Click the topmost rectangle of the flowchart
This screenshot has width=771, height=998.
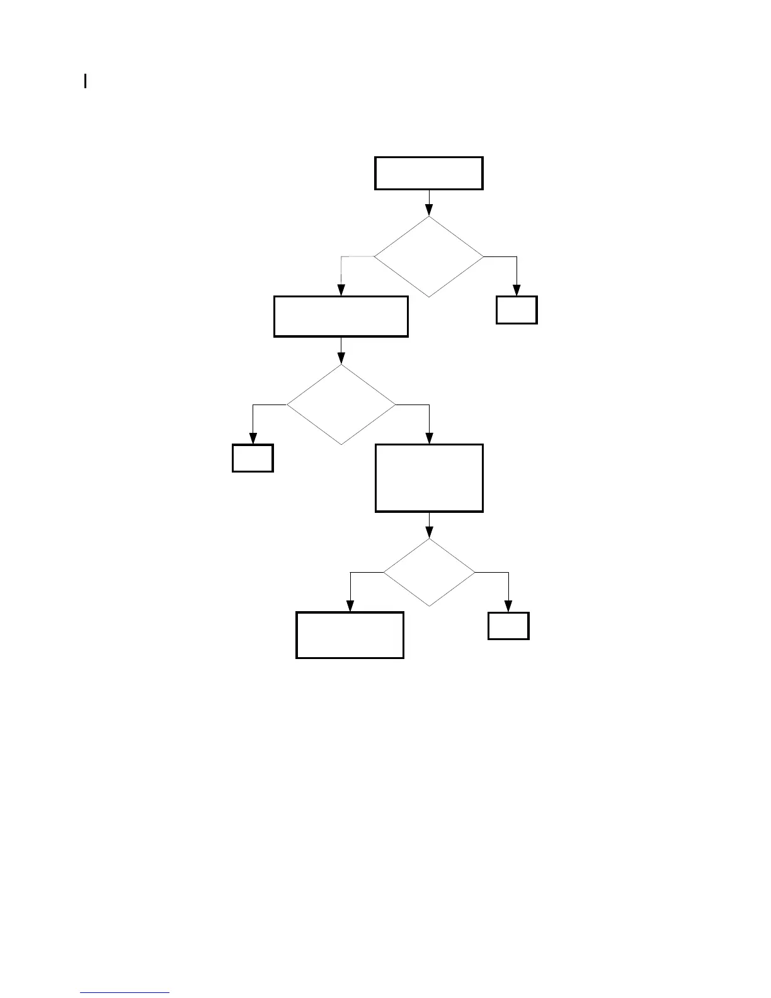tap(428, 173)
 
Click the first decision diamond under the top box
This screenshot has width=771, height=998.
tap(429, 257)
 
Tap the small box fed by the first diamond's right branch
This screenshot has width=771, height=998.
tap(517, 310)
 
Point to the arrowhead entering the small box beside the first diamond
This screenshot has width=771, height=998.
tap(517, 290)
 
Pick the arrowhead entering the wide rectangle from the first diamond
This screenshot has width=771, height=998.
tap(341, 290)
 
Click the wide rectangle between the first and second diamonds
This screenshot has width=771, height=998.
tap(341, 316)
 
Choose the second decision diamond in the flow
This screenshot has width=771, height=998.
tap(341, 404)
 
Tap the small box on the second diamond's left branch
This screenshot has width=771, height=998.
tap(253, 458)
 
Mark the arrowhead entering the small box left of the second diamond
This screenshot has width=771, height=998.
tap(253, 439)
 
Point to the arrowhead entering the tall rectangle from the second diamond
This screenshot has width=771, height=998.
tap(430, 439)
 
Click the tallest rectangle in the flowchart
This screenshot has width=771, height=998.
tap(429, 478)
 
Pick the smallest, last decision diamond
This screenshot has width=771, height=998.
tap(429, 572)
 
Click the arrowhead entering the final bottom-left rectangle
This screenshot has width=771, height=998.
tap(350, 606)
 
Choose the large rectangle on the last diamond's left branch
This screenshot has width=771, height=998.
tap(350, 635)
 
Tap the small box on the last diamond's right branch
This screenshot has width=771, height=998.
tap(508, 626)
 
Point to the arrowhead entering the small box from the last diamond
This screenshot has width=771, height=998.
tap(508, 606)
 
